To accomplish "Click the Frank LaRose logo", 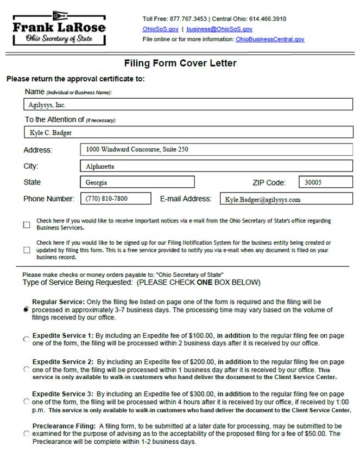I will pyautogui.click(x=59, y=28).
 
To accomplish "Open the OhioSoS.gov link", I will pyautogui.click(x=160, y=29).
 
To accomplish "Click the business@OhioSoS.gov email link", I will pyautogui.click(x=219, y=29).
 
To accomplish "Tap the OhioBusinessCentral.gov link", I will pyautogui.click(x=270, y=39).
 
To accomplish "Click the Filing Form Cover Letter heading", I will pyautogui.click(x=180, y=63).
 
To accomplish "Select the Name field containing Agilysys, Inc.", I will pyautogui.click(x=188, y=105).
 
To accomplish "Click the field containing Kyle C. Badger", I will pyautogui.click(x=188, y=132).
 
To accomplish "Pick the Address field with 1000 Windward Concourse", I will pyautogui.click(x=216, y=150).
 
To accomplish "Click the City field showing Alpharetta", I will pyautogui.click(x=216, y=166).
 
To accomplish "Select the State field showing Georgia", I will pyautogui.click(x=137, y=182).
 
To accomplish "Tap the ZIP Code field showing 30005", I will pyautogui.click(x=325, y=182).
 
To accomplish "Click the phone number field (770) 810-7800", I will pyautogui.click(x=116, y=199).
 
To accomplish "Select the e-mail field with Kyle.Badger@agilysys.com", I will pyautogui.click(x=286, y=199).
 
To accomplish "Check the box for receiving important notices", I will pyautogui.click(x=27, y=225).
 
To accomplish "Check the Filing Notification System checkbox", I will pyautogui.click(x=27, y=250).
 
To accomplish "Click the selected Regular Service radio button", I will pyautogui.click(x=26, y=309).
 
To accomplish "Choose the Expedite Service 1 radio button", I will pyautogui.click(x=26, y=340).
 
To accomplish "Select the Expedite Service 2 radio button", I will pyautogui.click(x=26, y=369).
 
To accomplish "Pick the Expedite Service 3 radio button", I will pyautogui.click(x=26, y=402).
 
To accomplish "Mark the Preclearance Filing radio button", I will pyautogui.click(x=26, y=433).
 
